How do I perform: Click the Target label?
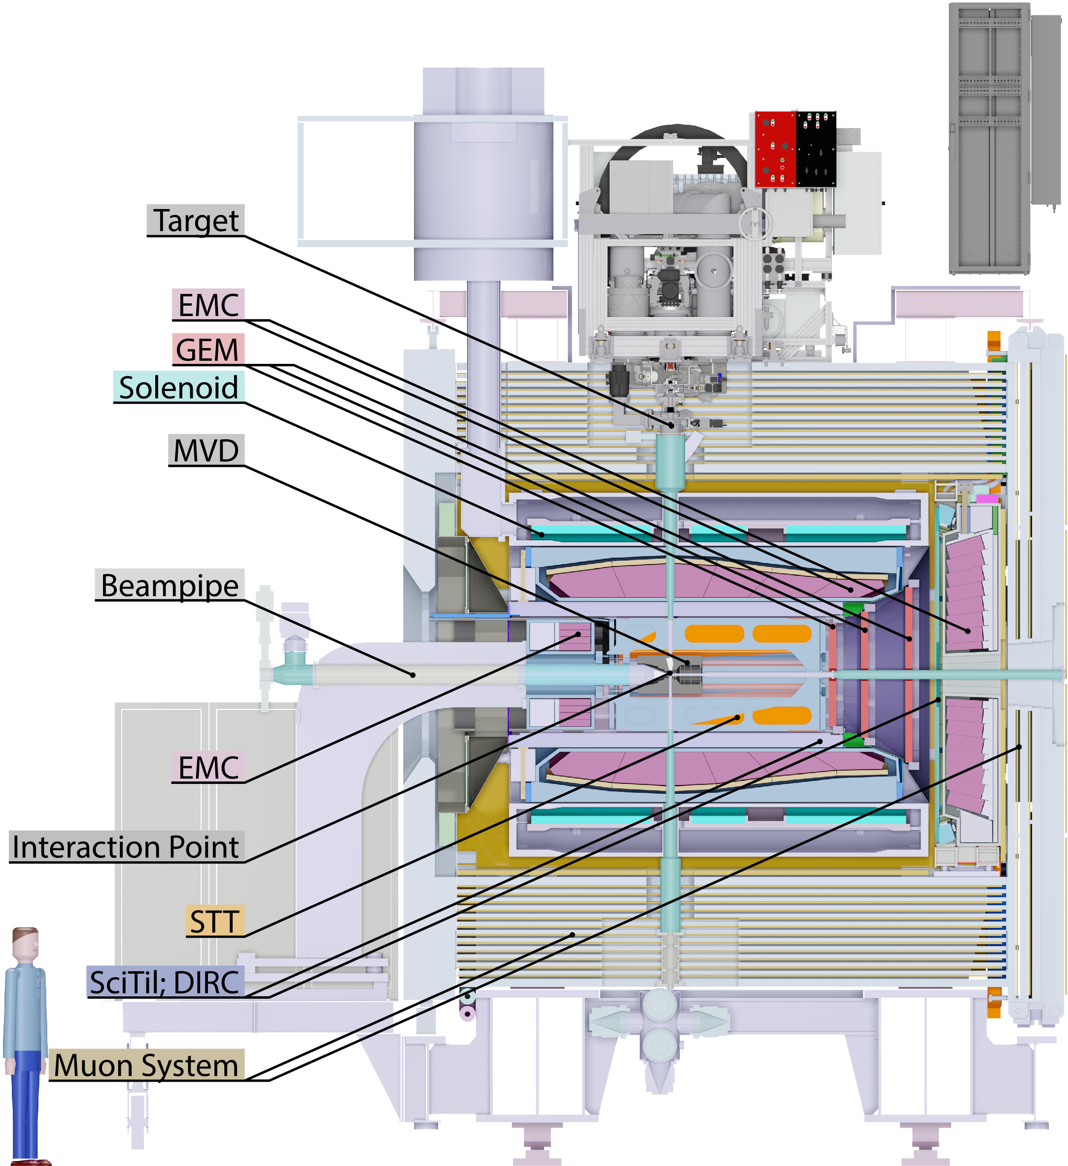click(x=196, y=220)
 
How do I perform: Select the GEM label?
click(x=208, y=350)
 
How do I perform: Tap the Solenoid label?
click(x=179, y=387)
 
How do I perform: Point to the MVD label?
click(x=207, y=451)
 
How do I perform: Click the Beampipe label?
click(x=170, y=585)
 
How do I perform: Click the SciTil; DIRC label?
click(x=166, y=982)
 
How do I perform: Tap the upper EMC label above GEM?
click(x=208, y=305)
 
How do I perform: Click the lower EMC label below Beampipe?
click(x=208, y=768)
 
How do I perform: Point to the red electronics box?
click(x=775, y=149)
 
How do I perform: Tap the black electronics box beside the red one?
click(x=816, y=149)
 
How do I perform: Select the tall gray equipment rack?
click(x=989, y=139)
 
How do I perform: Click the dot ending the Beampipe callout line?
click(x=413, y=675)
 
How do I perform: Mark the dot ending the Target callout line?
click(x=672, y=425)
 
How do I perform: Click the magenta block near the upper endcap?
click(x=987, y=498)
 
